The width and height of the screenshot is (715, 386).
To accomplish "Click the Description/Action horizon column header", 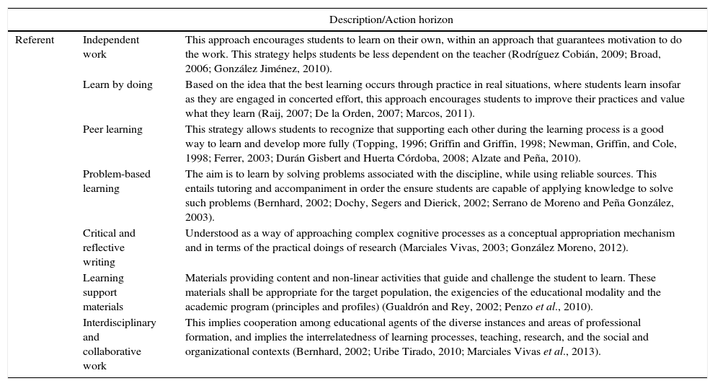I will [391, 19].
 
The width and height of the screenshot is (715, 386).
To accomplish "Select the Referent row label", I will [35, 40].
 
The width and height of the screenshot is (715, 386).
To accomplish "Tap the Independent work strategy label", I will [111, 47].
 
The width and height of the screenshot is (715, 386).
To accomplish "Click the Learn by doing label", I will [117, 85].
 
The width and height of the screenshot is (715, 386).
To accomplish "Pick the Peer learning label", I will [112, 130].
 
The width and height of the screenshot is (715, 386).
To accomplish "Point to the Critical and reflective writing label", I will [109, 247].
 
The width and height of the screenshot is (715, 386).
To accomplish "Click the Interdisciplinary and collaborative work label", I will [119, 344].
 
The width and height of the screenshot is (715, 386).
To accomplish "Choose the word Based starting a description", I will [200, 85].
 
